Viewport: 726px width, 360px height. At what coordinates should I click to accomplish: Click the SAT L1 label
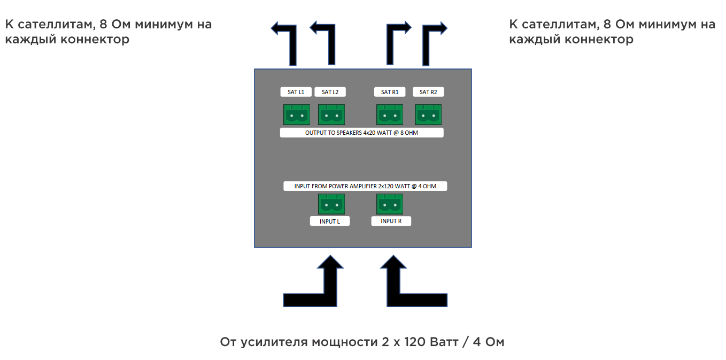[x=296, y=92]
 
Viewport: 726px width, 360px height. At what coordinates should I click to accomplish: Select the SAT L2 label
[x=330, y=92]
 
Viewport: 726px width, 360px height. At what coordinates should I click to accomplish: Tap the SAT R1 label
[x=389, y=92]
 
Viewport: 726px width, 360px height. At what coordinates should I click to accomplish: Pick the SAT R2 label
[x=428, y=92]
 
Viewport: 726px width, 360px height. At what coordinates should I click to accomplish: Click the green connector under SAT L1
[x=296, y=114]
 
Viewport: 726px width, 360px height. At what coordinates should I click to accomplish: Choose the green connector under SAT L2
[x=331, y=114]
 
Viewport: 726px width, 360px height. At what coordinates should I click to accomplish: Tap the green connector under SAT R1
[x=390, y=114]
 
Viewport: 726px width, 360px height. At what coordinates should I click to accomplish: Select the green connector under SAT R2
[x=428, y=114]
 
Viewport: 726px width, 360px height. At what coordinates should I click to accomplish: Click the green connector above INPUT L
[x=331, y=204]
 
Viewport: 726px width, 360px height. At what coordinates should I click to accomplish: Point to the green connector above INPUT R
[x=390, y=204]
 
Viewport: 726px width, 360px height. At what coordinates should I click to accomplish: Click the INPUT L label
[x=330, y=221]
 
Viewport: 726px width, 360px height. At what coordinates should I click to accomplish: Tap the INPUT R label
[x=391, y=221]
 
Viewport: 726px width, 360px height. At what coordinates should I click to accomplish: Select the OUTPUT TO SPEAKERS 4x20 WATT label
[x=361, y=133]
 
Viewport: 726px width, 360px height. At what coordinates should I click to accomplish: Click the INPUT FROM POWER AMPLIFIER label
[x=365, y=186]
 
